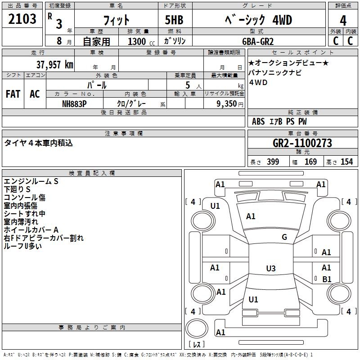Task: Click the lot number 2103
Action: point(22,19)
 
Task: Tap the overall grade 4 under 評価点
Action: point(343,21)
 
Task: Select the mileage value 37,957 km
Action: point(54,65)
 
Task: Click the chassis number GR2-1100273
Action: point(302,143)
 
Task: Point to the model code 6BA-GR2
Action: point(258,41)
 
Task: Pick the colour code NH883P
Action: point(74,104)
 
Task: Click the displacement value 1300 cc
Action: point(141,41)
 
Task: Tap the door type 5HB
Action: point(174,20)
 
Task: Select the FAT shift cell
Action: point(13,94)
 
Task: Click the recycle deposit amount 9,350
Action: point(227,104)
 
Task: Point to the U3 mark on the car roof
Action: point(271,268)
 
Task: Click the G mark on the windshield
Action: point(284,237)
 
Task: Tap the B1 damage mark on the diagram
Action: point(327,279)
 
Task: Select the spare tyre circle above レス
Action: point(197,328)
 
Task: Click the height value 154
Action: point(346,162)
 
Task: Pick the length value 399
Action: point(273,162)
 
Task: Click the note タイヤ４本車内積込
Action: point(38,143)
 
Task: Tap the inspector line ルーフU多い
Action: point(23,246)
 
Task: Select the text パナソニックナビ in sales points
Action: point(275,72)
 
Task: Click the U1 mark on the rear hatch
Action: point(253,299)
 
